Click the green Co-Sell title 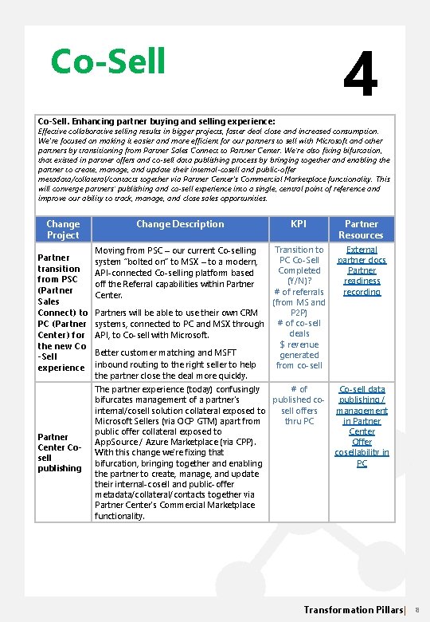(107, 61)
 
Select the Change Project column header (63, 229)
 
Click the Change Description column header (180, 224)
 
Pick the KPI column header (299, 224)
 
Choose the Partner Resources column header (361, 229)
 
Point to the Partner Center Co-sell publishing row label (60, 452)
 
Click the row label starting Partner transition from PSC (63, 313)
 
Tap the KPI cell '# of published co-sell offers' (299, 405)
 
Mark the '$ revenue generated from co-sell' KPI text (299, 354)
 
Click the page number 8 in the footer (417, 610)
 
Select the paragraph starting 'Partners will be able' (179, 324)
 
